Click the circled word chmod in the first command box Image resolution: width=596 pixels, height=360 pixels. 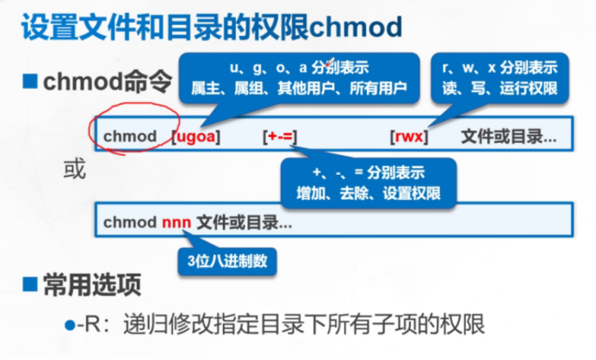click(x=130, y=136)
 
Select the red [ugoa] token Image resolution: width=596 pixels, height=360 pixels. click(x=196, y=136)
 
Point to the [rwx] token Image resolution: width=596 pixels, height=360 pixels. click(x=408, y=136)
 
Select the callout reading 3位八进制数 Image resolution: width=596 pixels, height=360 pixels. click(x=227, y=261)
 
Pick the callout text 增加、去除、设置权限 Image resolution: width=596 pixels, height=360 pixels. click(x=369, y=189)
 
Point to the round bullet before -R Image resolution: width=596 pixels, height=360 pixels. click(x=70, y=325)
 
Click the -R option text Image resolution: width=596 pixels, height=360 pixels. click(x=90, y=325)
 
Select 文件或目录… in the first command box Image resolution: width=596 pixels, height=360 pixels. click(x=508, y=136)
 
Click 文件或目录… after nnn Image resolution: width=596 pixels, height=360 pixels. click(x=245, y=222)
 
